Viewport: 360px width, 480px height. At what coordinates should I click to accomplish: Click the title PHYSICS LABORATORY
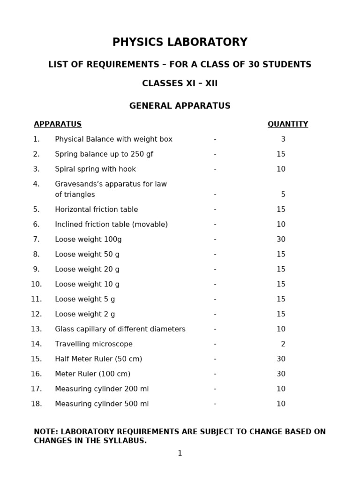point(180,42)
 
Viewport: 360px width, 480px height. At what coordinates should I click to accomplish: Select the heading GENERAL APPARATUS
point(180,106)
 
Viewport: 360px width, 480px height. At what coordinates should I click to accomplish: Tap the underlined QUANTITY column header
point(288,124)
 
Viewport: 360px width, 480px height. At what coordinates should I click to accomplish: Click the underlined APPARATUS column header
point(58,124)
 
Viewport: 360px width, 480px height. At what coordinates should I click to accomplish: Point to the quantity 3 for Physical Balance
point(283,139)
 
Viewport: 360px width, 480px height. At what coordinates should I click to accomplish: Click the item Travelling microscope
point(94,344)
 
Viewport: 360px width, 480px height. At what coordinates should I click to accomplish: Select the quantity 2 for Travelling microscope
point(283,344)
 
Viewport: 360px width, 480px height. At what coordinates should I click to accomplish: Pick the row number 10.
point(37,284)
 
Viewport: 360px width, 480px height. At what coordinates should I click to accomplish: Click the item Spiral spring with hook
point(95,169)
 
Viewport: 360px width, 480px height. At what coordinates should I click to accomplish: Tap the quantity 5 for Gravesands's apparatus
point(283,195)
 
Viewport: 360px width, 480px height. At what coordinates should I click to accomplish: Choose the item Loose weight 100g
point(88,240)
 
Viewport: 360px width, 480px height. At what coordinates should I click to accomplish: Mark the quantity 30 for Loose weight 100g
point(281,240)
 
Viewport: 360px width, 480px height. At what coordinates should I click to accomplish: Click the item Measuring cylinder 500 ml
point(102,404)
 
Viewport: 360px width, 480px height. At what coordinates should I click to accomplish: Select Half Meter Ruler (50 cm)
point(98,359)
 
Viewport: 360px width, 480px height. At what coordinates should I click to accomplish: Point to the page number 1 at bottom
point(180,453)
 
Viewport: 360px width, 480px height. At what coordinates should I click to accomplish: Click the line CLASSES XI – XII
point(180,84)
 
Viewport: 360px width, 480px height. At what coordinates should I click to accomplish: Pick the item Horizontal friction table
point(97,210)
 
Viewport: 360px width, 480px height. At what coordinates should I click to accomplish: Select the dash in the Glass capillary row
point(215,329)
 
